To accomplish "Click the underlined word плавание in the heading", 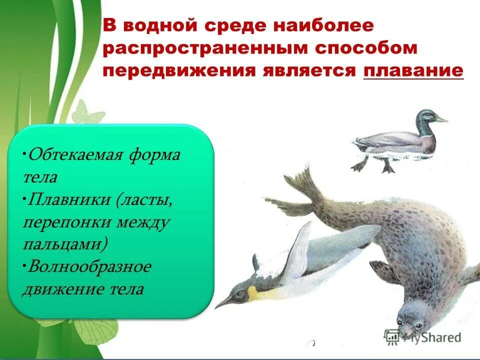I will pyautogui.click(x=413, y=70).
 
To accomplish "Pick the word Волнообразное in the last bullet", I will pyautogui.click(x=89, y=266).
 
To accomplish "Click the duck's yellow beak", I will pyautogui.click(x=440, y=119).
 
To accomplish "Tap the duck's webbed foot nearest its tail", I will pyautogui.click(x=359, y=164).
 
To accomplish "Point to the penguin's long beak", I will pyautogui.click(x=227, y=300).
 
